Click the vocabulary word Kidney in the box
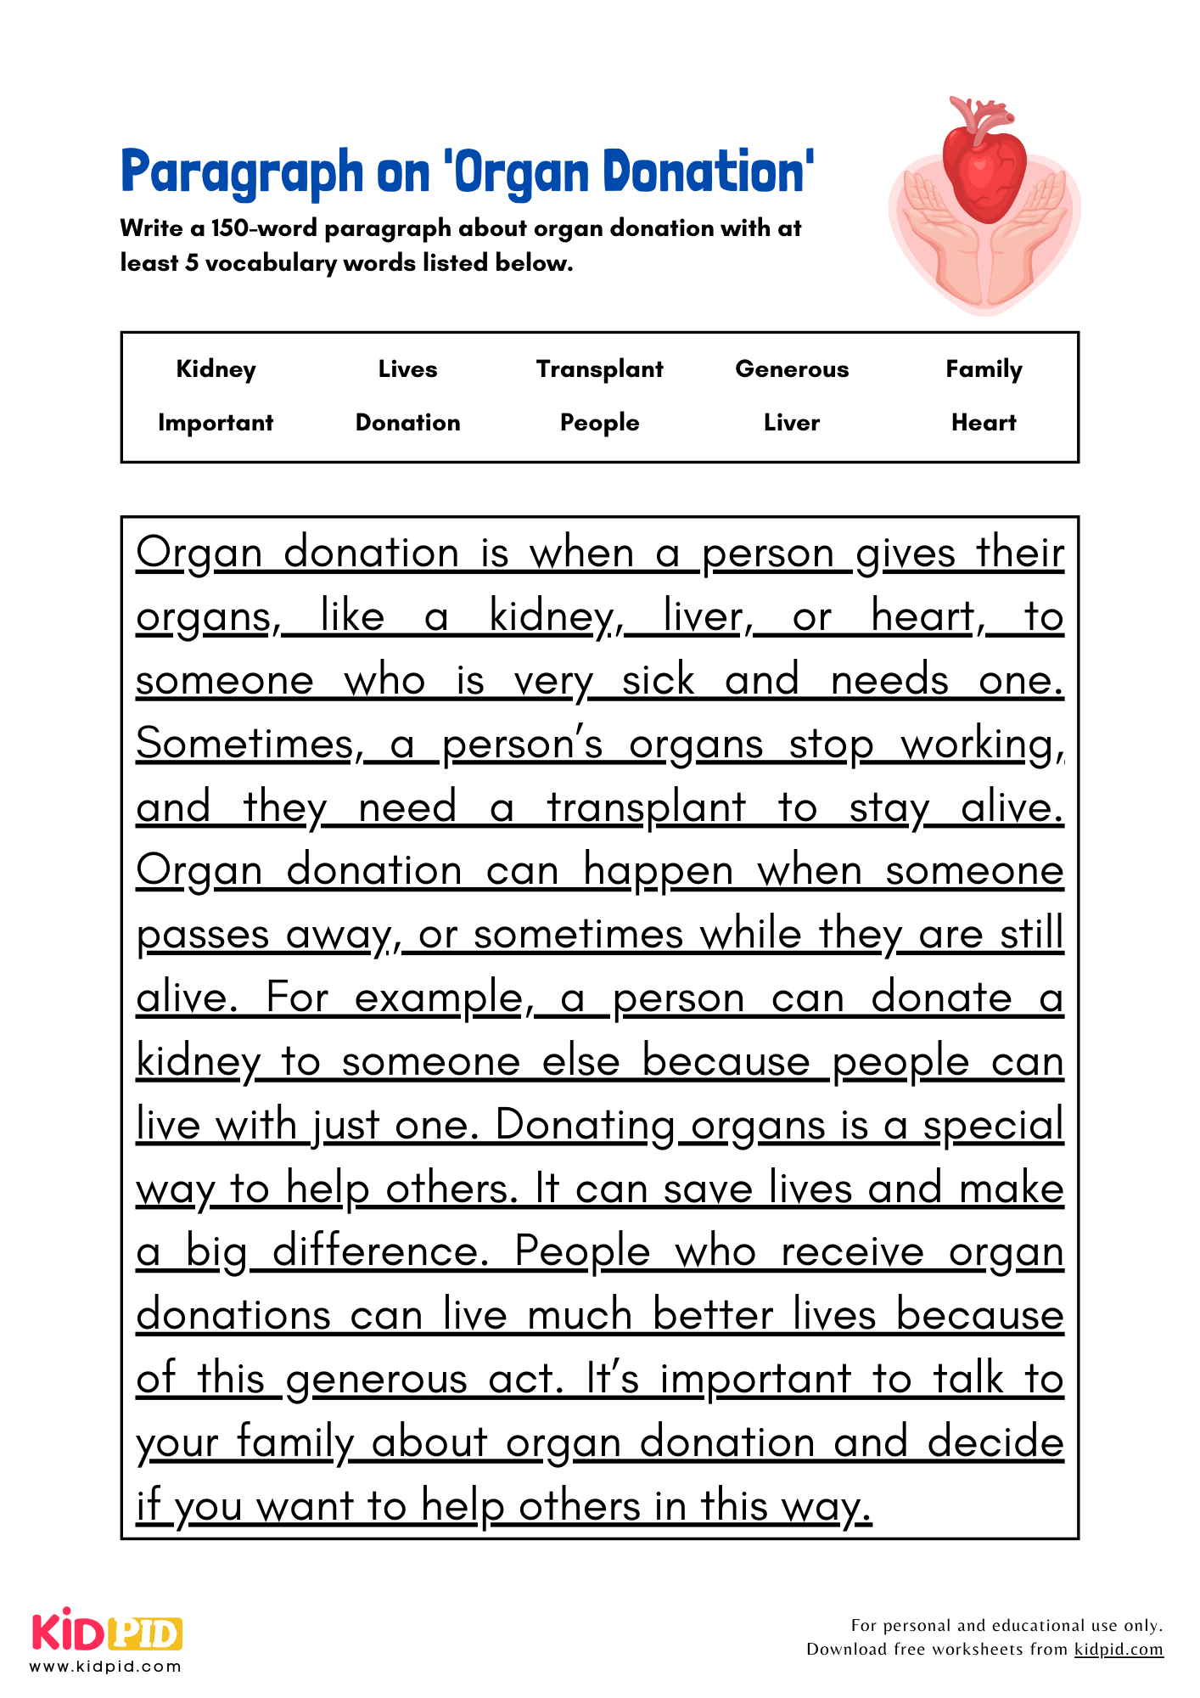216,369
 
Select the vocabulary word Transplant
599,369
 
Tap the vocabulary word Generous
792,369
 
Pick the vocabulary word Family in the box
984,369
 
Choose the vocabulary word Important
216,423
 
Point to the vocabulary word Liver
792,423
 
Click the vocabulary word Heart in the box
984,423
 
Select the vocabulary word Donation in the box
407,423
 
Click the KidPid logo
107,1633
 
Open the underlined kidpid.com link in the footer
1119,1650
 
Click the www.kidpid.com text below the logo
106,1667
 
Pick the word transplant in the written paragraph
647,808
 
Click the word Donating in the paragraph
586,1126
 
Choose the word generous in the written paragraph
377,1380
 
